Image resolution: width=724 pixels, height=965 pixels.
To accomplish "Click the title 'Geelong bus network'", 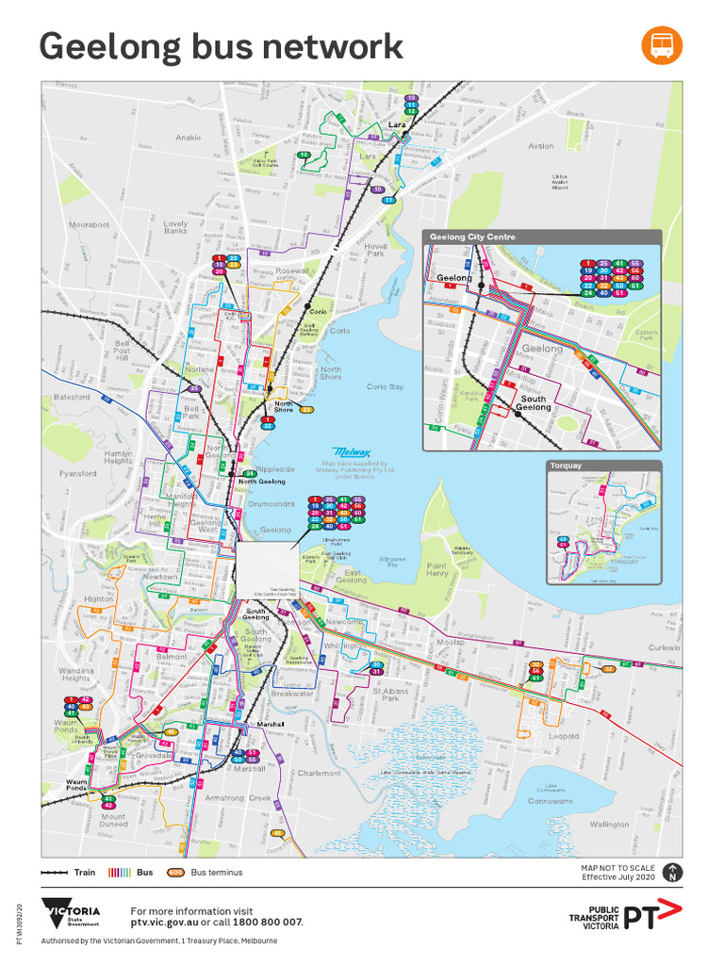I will [221, 46].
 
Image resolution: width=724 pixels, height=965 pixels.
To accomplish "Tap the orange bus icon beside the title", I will [662, 45].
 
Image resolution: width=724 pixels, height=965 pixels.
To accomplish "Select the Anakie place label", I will [189, 138].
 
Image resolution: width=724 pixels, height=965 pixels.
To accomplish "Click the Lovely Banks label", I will [175, 227].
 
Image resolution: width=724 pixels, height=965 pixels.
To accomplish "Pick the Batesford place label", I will [73, 397].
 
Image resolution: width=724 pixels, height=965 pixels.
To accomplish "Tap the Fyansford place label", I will [77, 473].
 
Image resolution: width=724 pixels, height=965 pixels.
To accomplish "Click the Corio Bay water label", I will [385, 386].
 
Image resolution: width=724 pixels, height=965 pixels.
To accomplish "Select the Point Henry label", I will [436, 570].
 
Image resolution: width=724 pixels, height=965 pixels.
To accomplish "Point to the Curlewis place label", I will [664, 648].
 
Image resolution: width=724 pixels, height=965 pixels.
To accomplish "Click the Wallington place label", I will [609, 825].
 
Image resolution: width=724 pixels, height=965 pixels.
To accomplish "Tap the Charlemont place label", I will [319, 773].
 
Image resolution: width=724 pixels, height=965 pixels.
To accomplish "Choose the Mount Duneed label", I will [113, 821].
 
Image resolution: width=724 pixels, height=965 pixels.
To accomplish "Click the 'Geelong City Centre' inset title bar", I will [541, 237].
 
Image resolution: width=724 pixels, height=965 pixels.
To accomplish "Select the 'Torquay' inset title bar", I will [603, 466].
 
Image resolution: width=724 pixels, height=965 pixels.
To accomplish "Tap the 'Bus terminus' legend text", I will [217, 873].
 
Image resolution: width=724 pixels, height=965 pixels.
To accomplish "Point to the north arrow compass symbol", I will [672, 873].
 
